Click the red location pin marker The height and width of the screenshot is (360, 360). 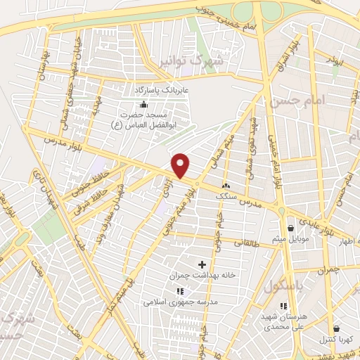181,165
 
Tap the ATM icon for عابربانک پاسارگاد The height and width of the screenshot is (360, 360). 144,103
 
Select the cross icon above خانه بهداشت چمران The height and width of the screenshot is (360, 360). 203,264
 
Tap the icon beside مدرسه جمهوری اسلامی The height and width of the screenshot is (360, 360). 179,290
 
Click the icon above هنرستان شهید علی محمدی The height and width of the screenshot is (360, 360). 284,306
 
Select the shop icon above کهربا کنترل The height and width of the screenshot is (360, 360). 337,328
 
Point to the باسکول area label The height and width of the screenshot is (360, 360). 285,286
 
